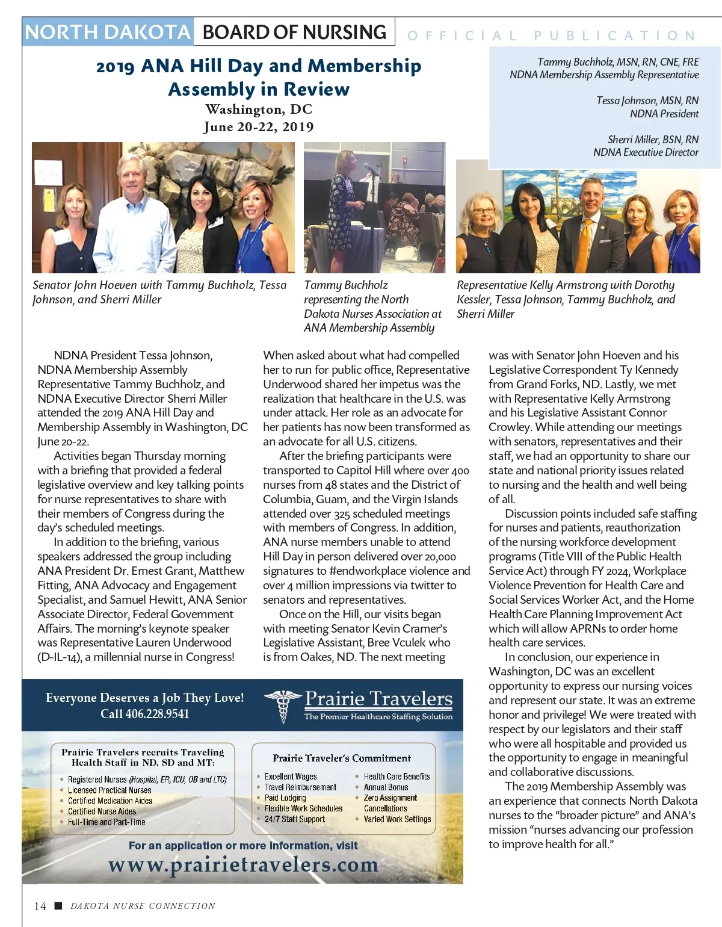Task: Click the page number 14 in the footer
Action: click(40, 906)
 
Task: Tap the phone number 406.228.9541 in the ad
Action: click(157, 714)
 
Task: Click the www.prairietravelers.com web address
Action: click(243, 865)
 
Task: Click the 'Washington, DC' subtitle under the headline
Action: click(259, 110)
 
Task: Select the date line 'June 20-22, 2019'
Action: click(259, 126)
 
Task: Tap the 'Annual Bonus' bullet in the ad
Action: click(386, 787)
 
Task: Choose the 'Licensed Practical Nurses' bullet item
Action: click(110, 790)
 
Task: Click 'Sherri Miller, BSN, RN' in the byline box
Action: click(653, 140)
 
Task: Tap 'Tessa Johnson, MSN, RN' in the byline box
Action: click(647, 101)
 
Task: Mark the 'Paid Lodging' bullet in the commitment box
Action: click(285, 798)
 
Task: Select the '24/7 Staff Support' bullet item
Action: click(295, 819)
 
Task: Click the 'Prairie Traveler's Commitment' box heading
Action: click(342, 758)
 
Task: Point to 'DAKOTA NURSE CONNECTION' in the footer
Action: click(143, 906)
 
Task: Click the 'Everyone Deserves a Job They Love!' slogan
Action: click(145, 698)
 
